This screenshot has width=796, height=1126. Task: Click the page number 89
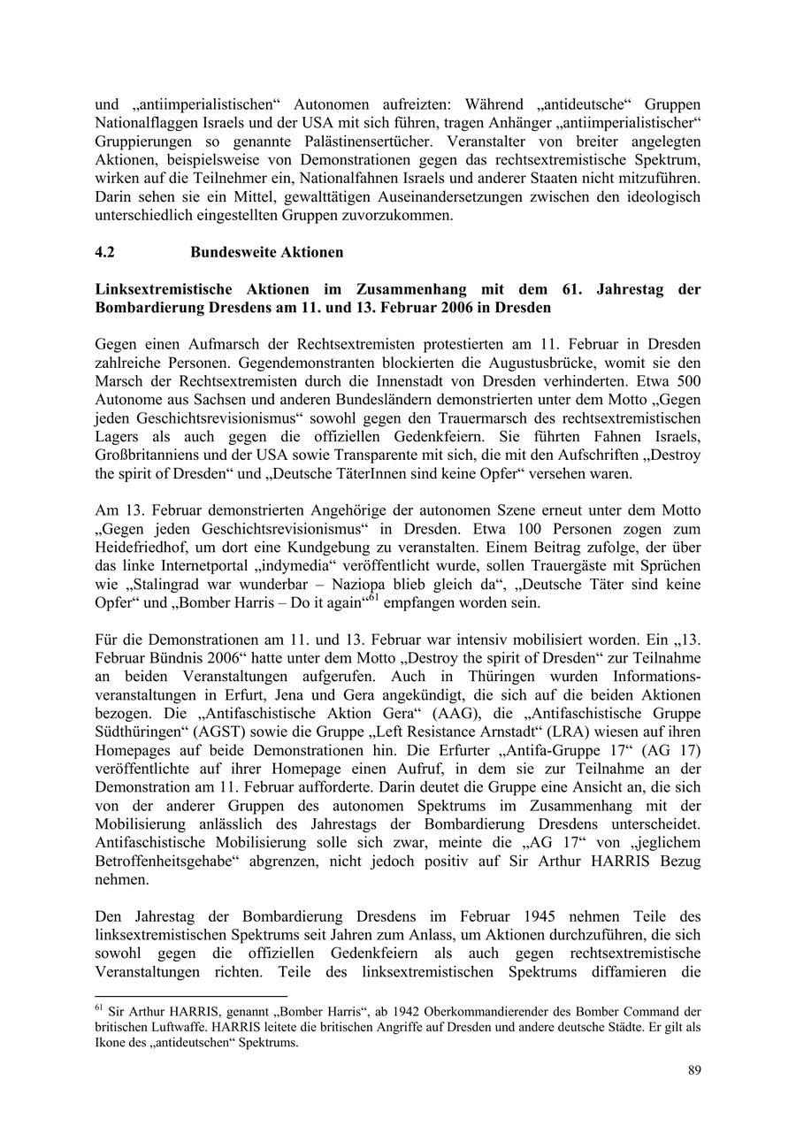pos(694,1070)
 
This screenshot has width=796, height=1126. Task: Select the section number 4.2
pos(105,252)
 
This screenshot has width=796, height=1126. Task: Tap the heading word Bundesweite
pos(233,252)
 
